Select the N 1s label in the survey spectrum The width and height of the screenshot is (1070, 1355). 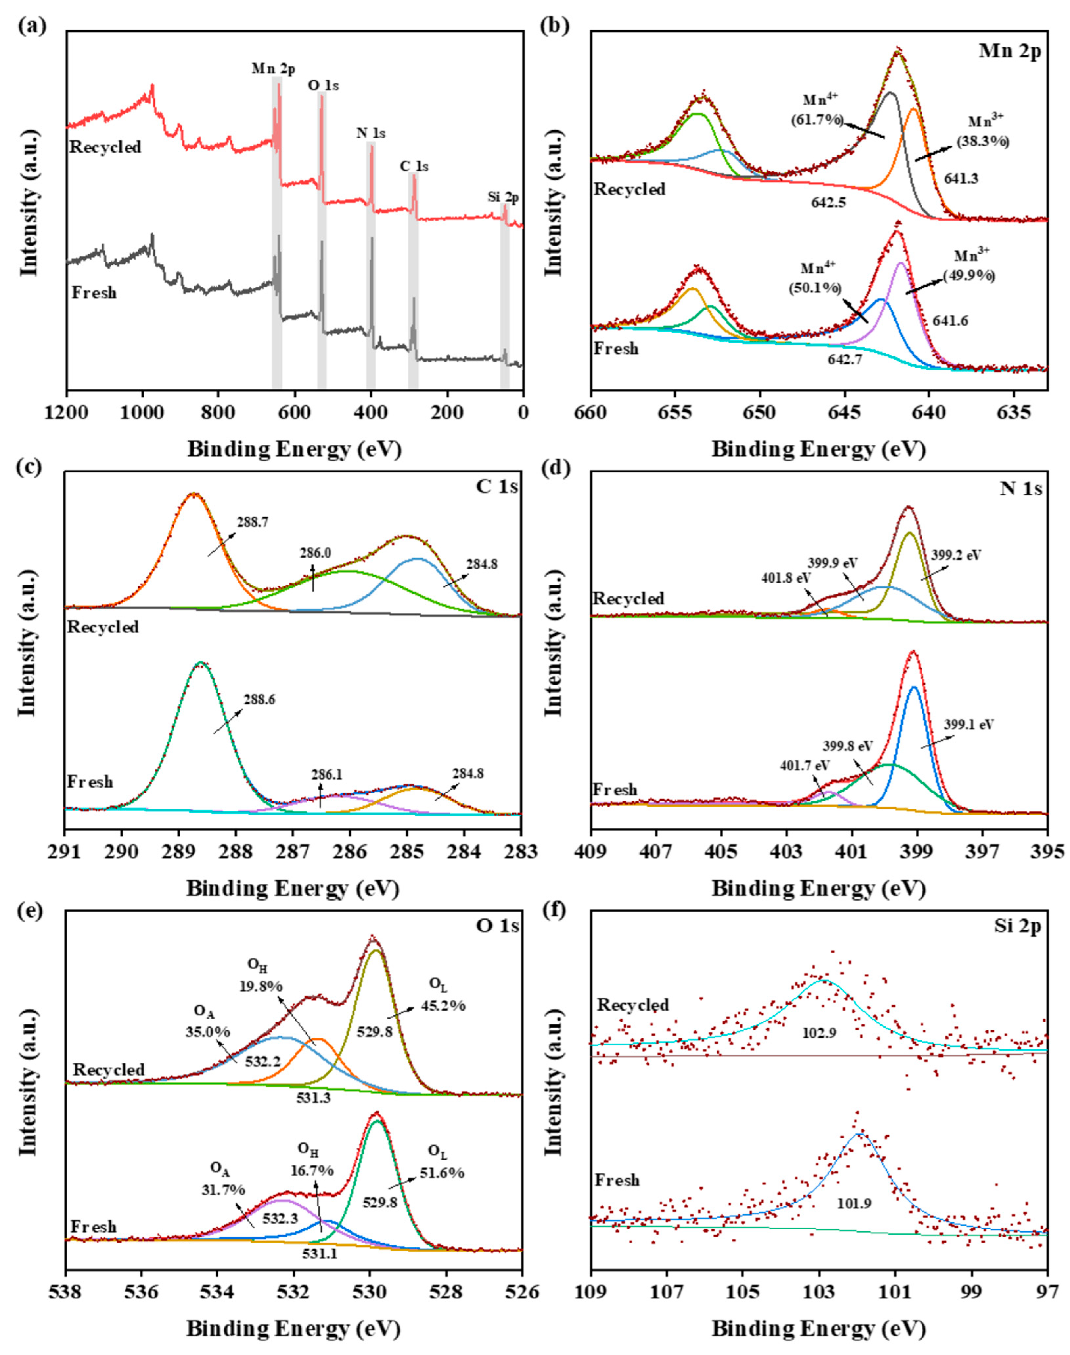point(371,133)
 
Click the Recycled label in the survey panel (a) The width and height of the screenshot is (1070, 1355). point(105,148)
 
